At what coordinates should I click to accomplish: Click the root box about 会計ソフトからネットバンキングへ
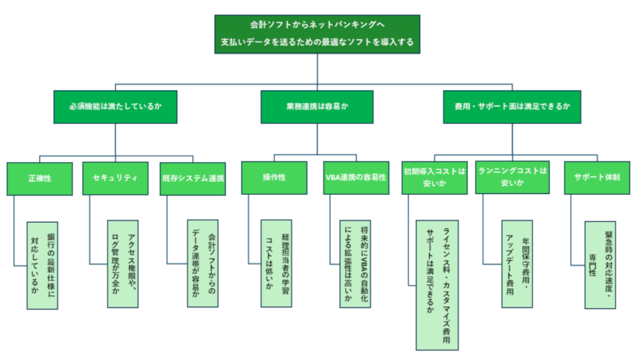[318, 34]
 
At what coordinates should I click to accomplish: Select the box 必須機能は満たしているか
[116, 106]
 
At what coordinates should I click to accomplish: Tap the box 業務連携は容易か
[318, 106]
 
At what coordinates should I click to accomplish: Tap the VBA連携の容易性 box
[357, 178]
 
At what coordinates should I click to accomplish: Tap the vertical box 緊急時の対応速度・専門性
[601, 264]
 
